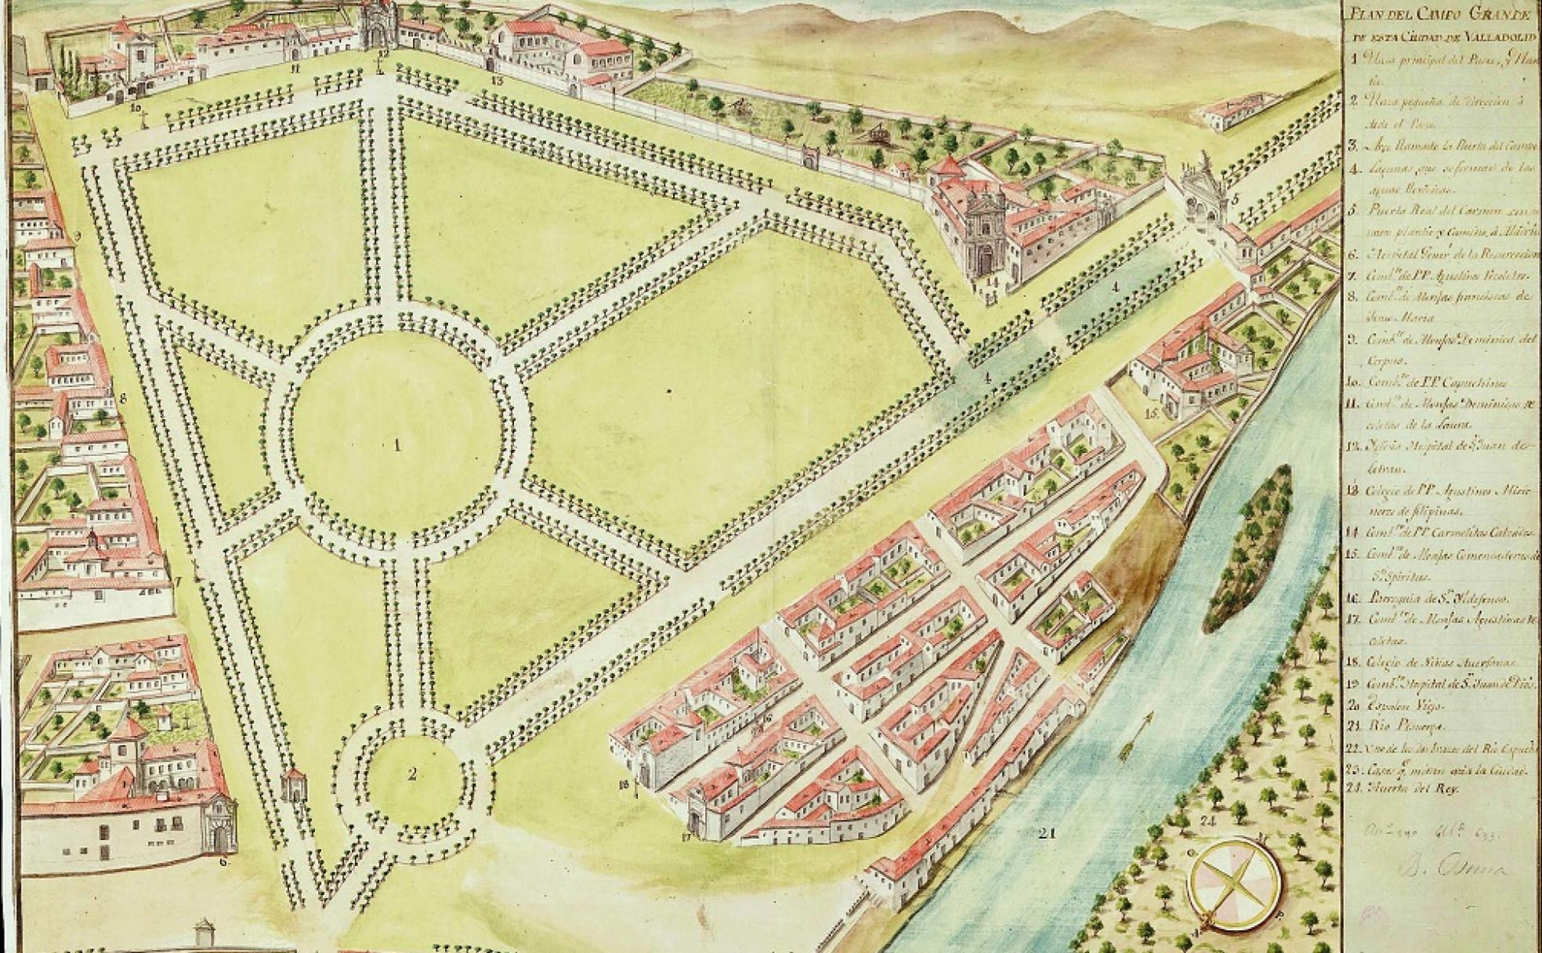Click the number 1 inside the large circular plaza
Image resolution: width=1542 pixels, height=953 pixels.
click(x=397, y=446)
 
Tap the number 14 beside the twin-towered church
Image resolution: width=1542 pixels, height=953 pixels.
click(x=992, y=280)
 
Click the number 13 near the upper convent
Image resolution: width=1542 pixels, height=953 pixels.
click(x=496, y=79)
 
